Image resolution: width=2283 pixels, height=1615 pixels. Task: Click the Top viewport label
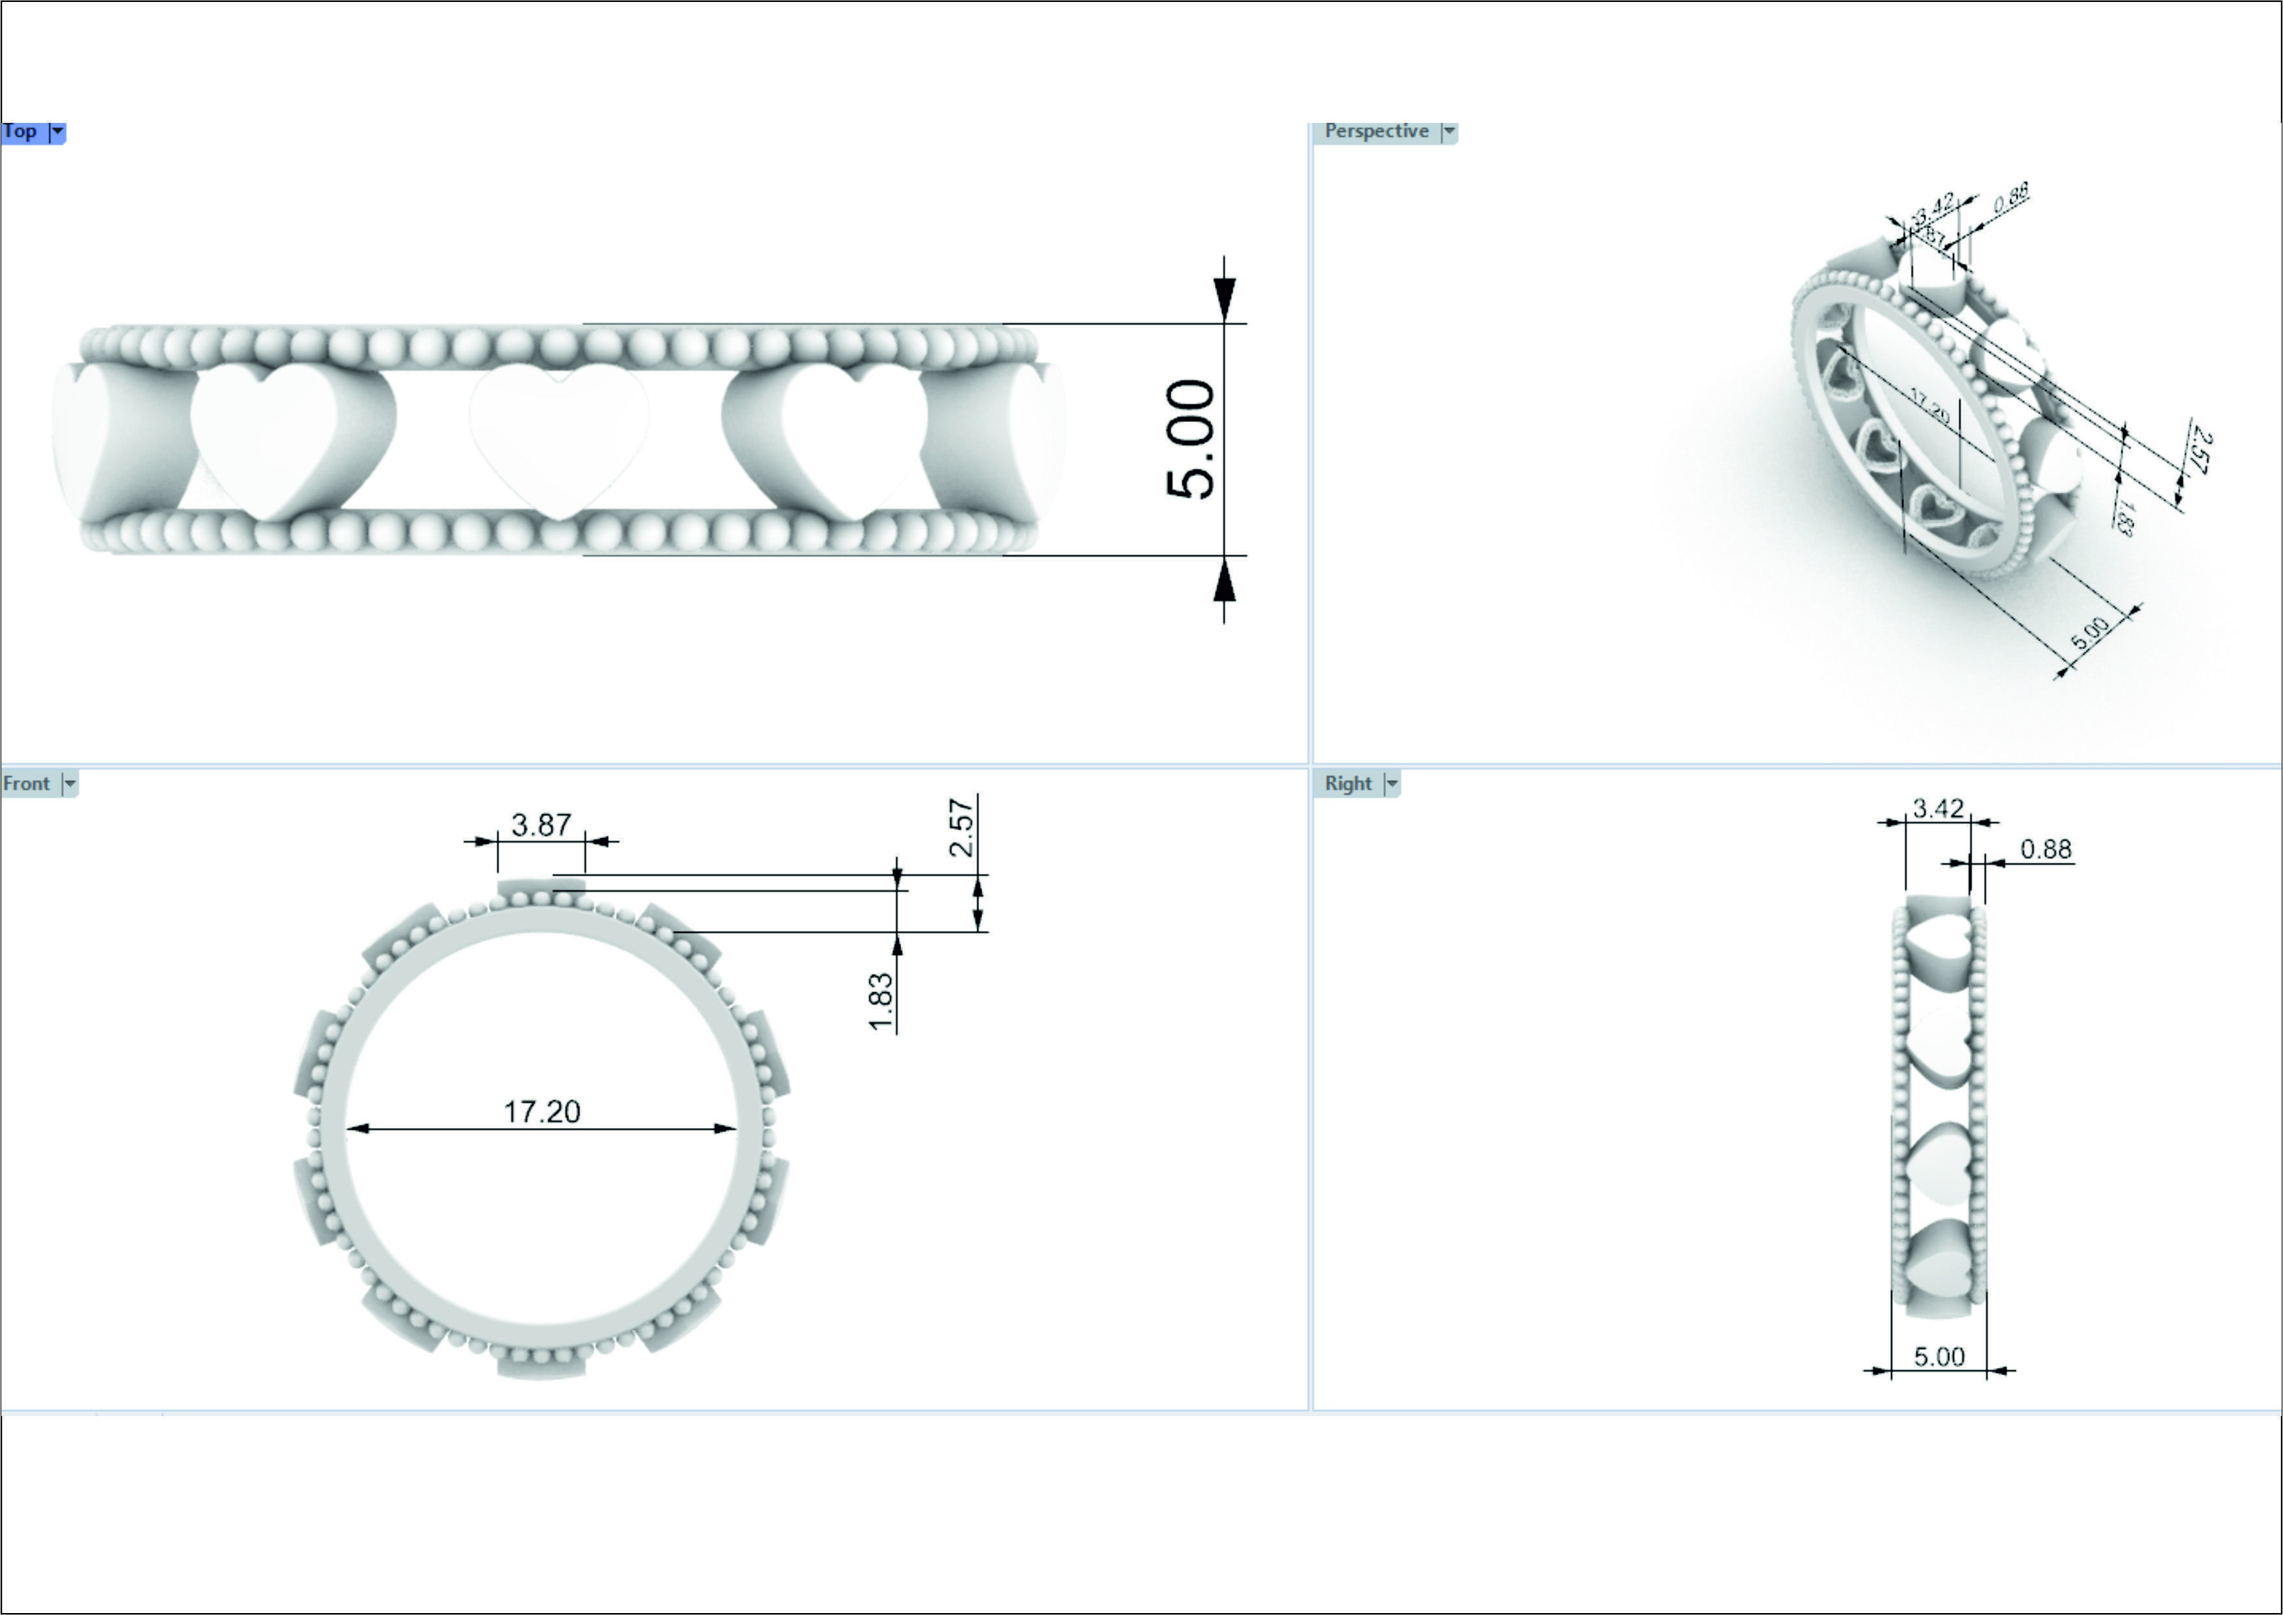pyautogui.click(x=20, y=131)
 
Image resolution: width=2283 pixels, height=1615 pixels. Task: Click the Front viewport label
pyautogui.click(x=27, y=783)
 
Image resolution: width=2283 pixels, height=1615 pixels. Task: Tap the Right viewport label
pyautogui.click(x=1348, y=783)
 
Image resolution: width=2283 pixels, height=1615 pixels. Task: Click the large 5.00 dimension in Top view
pyautogui.click(x=1190, y=439)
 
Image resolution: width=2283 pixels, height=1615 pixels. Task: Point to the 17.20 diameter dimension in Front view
pyautogui.click(x=542, y=1111)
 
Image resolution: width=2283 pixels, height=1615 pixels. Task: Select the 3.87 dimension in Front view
pyautogui.click(x=541, y=824)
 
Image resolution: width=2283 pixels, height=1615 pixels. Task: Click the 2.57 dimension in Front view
pyautogui.click(x=961, y=828)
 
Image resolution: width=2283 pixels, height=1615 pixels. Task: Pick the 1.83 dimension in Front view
pyautogui.click(x=881, y=1001)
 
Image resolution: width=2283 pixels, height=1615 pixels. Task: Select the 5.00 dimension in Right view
pyautogui.click(x=1939, y=1356)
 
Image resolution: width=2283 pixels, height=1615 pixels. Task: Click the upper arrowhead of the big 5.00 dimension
pyautogui.click(x=1224, y=296)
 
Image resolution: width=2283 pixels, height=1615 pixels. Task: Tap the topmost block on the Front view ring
pyautogui.click(x=541, y=888)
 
